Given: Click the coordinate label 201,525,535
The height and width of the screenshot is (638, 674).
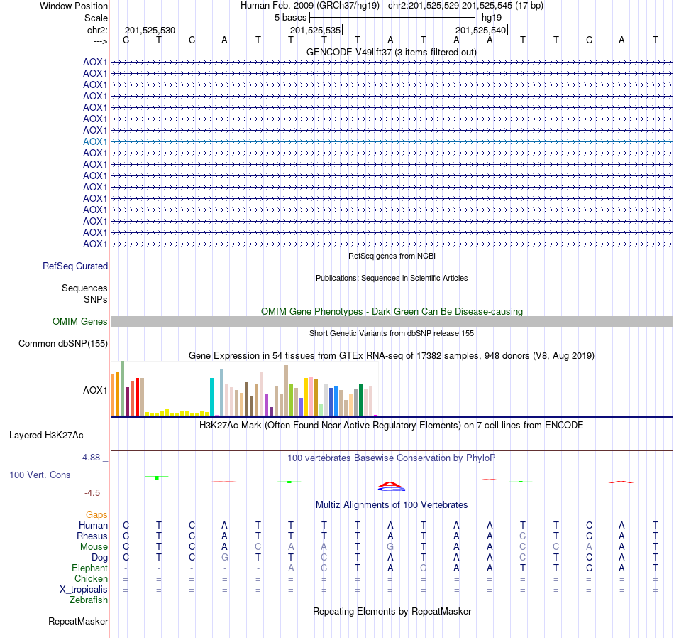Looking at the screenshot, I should coord(315,30).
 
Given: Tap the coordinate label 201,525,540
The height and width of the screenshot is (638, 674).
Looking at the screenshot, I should coord(480,30).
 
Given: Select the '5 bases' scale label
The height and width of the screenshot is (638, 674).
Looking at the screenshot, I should coord(290,17).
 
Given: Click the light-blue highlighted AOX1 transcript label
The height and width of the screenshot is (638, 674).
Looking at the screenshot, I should coord(95,141).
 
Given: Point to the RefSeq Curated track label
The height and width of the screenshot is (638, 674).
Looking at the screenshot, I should coord(75,266).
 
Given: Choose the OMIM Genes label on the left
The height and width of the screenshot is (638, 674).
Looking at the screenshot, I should coord(80,322).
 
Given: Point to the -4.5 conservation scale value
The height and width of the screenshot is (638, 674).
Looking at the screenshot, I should coord(92,493).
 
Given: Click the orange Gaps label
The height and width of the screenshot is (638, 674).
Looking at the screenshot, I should coord(96,514).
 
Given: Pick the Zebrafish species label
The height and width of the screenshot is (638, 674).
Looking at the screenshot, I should coord(89,600).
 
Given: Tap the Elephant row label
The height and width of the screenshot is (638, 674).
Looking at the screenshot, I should coord(89,568).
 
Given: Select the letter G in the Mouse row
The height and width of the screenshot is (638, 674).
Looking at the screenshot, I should coord(390,547).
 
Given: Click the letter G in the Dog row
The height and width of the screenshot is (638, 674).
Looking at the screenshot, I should coord(224,558).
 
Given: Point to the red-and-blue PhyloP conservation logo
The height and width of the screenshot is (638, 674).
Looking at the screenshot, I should coord(391,486).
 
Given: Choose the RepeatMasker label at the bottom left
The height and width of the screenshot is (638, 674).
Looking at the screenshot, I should coord(78,622).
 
